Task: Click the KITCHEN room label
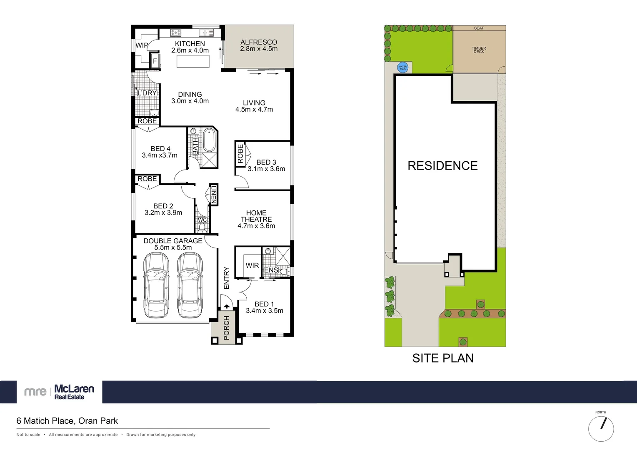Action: (190, 44)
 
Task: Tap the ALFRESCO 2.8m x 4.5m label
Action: (259, 45)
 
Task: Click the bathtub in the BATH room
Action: (209, 140)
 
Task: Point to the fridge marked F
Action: (155, 61)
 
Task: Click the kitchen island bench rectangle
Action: (193, 61)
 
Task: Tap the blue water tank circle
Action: (402, 67)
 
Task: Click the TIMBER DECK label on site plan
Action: (479, 50)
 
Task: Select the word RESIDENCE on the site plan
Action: (442, 166)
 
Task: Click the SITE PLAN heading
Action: (443, 358)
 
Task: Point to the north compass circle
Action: (601, 429)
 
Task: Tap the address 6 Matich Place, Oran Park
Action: (67, 421)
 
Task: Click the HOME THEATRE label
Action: (256, 216)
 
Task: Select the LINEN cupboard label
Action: (213, 195)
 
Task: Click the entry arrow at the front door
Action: (227, 306)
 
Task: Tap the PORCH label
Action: (227, 327)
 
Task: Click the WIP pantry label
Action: (142, 45)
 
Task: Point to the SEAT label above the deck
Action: (479, 28)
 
